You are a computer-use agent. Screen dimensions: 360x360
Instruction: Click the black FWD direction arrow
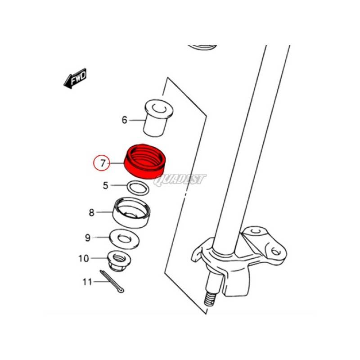coord(75,78)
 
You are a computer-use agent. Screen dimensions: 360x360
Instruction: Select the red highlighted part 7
coord(144,161)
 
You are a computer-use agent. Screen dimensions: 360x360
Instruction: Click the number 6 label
coord(124,120)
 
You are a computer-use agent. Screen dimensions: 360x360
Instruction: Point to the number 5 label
coord(105,185)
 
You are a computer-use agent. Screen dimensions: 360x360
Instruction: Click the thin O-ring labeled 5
coord(138,188)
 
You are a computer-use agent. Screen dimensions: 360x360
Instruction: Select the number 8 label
coord(92,212)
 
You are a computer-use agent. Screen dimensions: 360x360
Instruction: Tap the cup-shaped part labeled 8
coord(131,212)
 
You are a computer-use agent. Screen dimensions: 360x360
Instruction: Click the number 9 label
coord(88,238)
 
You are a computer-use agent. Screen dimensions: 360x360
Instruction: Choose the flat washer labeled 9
coord(124,238)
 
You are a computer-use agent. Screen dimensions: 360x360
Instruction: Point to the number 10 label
coord(84,258)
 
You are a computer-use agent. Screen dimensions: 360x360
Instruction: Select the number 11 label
coord(87,282)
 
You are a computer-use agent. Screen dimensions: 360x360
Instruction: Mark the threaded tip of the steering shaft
coord(210,299)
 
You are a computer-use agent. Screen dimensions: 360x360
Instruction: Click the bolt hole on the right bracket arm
coord(275,252)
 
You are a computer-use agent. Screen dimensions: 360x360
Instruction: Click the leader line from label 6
coord(137,120)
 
